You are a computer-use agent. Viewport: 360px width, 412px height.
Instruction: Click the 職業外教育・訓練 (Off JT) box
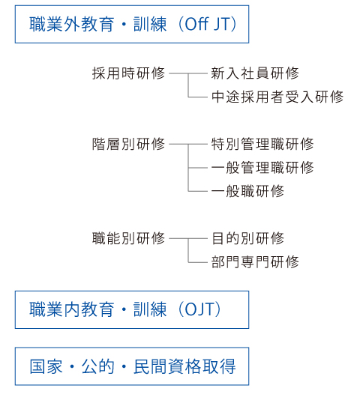tap(132, 24)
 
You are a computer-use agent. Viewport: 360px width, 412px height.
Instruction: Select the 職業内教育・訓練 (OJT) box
tap(132, 309)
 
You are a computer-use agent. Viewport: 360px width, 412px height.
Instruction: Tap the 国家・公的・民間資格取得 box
tap(132, 366)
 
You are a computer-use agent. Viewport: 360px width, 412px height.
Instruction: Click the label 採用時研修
tap(128, 73)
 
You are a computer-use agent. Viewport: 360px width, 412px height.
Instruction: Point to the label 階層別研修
tap(128, 144)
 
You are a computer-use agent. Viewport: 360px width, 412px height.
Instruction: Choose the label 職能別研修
tap(128, 238)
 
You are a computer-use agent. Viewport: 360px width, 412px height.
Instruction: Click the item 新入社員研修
tap(255, 73)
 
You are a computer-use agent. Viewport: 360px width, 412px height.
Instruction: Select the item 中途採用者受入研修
tap(277, 97)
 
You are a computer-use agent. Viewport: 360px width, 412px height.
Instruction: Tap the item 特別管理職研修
tap(262, 144)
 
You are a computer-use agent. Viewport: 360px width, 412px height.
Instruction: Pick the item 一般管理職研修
tap(262, 168)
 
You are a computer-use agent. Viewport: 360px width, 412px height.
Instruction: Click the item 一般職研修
tap(247, 191)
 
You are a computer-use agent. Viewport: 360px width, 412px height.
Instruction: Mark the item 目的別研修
tap(248, 238)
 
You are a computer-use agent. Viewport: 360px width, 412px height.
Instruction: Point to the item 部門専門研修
tap(255, 262)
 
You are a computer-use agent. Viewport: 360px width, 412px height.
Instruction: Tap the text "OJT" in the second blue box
tap(199, 309)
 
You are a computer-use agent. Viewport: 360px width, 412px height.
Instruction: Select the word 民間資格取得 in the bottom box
tap(184, 366)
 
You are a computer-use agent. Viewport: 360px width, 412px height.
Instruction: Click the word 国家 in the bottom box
tap(46, 366)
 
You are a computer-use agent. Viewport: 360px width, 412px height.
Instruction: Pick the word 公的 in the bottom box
tap(98, 366)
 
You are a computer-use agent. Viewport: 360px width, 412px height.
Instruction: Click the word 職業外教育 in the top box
tap(72, 24)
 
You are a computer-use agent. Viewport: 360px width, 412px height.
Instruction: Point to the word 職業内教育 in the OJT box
tap(72, 309)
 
